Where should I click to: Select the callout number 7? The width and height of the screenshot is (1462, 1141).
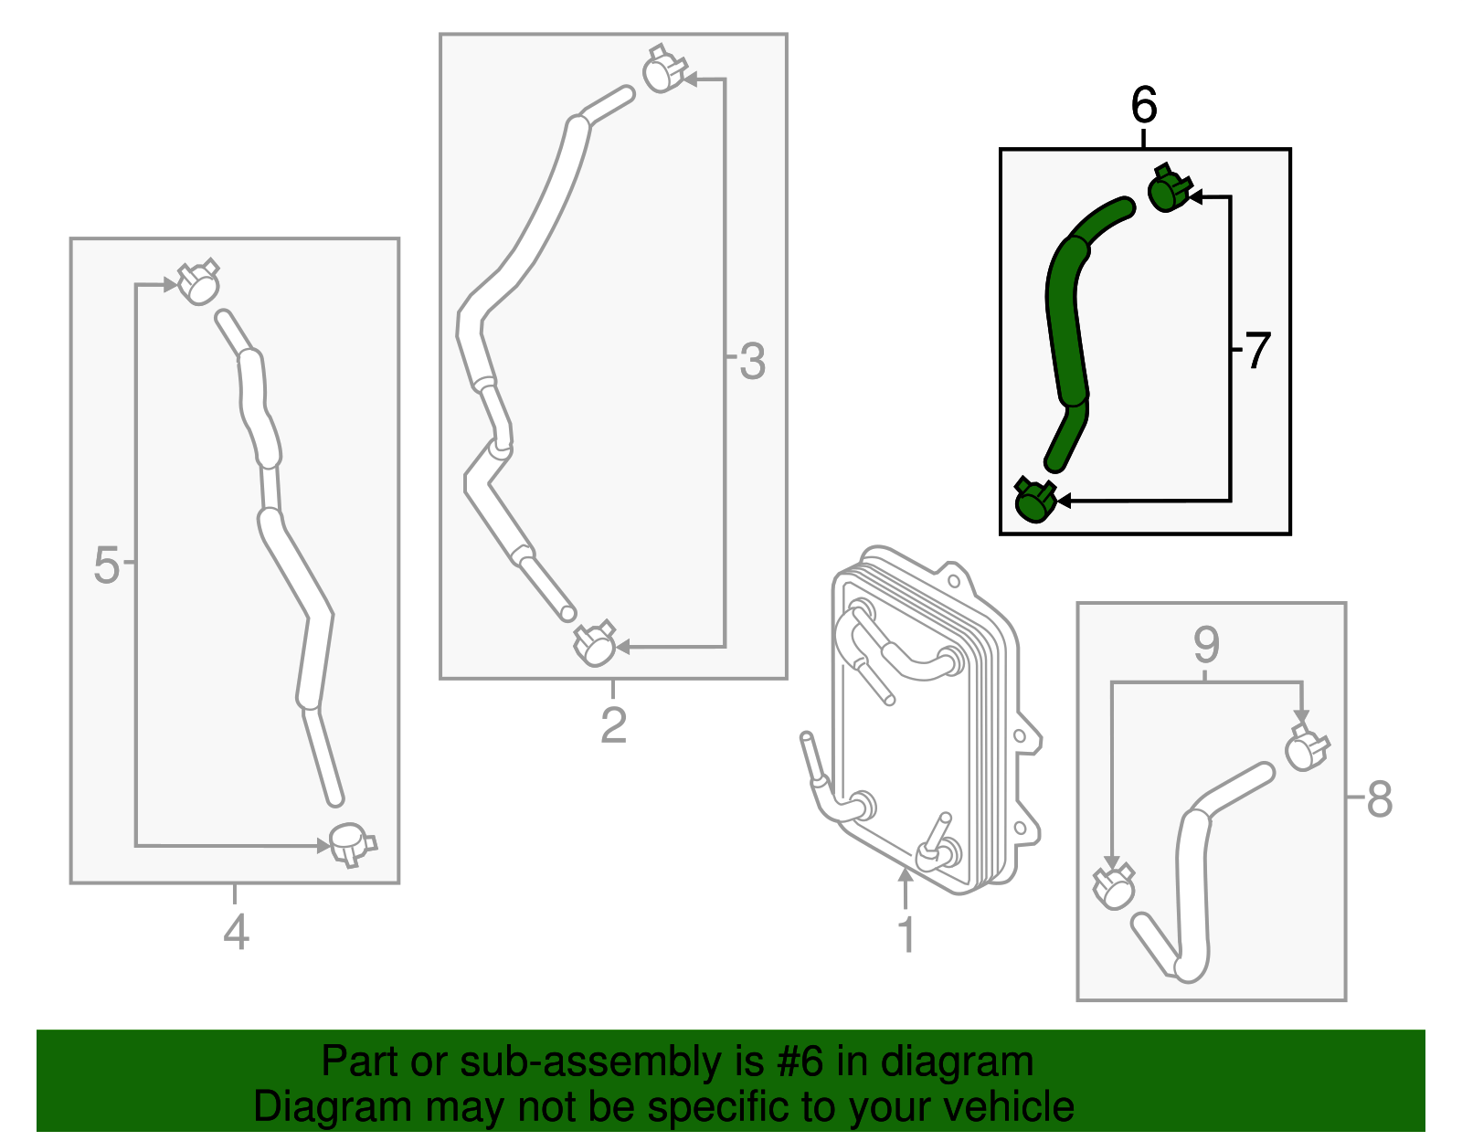tap(1258, 351)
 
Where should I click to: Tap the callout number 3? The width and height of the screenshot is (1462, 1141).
tap(752, 362)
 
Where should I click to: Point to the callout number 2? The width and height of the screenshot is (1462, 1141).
tap(613, 725)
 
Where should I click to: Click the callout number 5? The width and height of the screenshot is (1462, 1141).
tap(106, 565)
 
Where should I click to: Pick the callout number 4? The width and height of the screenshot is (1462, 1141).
tap(236, 933)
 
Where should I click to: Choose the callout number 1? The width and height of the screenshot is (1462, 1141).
tap(906, 935)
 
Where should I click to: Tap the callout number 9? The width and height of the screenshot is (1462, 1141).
tap(1206, 646)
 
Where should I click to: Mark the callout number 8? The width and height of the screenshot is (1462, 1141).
tap(1379, 800)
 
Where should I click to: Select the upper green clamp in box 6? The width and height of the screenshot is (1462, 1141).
tap(1168, 189)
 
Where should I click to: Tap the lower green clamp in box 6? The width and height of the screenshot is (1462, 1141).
tap(1035, 500)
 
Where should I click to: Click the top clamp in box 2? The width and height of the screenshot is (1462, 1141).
tap(663, 70)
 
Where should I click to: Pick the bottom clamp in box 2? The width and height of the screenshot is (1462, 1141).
tap(595, 645)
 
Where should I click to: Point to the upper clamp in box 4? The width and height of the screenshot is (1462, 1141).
tap(197, 282)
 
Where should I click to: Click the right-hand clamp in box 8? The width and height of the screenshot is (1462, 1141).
tap(1307, 748)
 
